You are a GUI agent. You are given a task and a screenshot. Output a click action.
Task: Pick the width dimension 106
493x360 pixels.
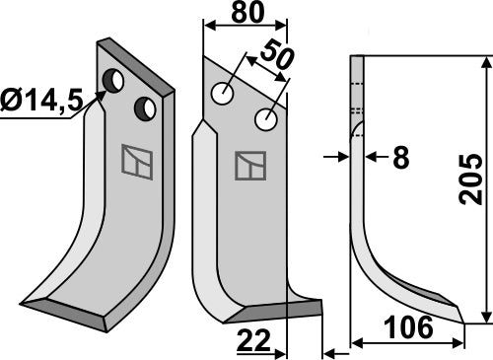(x=407, y=331)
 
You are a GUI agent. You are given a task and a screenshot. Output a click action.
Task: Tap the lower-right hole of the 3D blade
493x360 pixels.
(x=148, y=107)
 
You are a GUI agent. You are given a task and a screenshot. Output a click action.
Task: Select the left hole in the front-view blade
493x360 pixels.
(x=225, y=95)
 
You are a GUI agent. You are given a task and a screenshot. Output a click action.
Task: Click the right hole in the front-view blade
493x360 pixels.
(x=264, y=120)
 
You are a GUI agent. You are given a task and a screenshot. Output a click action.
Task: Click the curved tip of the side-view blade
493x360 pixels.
(x=456, y=314)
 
